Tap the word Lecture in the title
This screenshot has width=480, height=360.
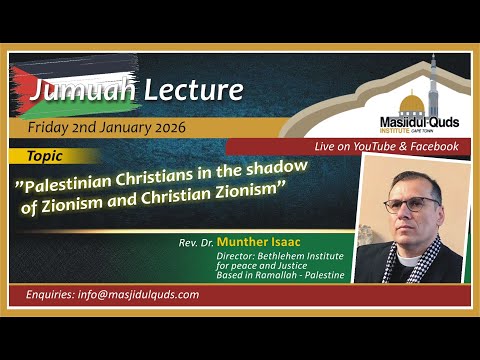click(x=190, y=90)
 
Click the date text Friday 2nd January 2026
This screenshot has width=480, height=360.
click(x=105, y=127)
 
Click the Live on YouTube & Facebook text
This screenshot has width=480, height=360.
click(x=386, y=146)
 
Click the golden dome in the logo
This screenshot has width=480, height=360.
click(x=411, y=102)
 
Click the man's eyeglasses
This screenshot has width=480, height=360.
click(x=412, y=203)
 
